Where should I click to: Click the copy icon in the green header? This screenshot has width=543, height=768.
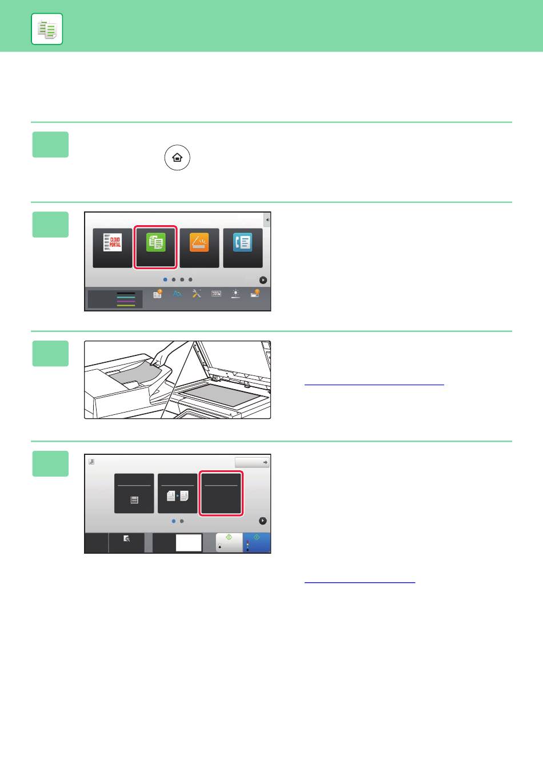[47, 29]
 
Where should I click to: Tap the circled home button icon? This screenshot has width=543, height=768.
[177, 158]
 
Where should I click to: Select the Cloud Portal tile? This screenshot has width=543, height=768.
[113, 248]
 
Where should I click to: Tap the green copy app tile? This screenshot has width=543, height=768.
[155, 247]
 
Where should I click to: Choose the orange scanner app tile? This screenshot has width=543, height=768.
[199, 248]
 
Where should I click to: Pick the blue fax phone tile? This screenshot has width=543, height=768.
[243, 248]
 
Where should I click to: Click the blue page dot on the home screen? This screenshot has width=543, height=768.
[165, 280]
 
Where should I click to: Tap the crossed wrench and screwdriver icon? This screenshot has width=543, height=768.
[197, 294]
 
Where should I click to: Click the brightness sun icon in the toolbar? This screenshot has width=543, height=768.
[235, 294]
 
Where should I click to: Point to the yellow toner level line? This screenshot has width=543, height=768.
[126, 305]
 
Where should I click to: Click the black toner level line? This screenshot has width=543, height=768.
[126, 293]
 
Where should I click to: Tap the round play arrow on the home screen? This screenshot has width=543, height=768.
[263, 280]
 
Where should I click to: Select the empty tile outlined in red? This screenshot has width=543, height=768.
[221, 493]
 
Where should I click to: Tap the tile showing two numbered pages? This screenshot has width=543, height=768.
[177, 493]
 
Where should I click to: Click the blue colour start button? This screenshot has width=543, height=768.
[257, 542]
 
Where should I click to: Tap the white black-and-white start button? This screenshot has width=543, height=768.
[229, 542]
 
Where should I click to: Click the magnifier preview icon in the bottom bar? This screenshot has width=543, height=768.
[126, 539]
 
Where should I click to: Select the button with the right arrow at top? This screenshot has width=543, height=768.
[252, 462]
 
